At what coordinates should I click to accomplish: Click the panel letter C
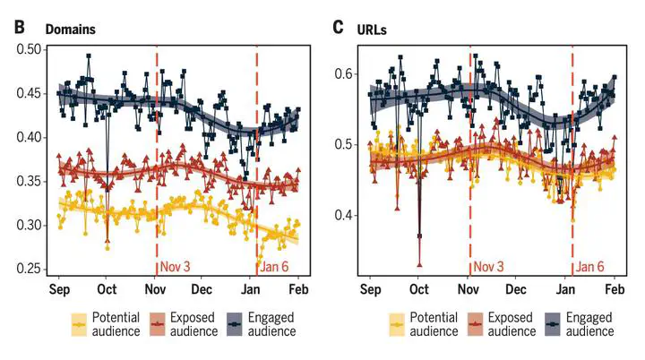338,27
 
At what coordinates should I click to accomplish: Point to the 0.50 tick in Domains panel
30,49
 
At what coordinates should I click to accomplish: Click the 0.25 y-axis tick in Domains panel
30,269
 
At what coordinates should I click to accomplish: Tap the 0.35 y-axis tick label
30,181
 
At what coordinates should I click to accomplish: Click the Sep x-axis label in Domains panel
59,290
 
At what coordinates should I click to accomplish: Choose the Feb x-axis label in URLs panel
615,290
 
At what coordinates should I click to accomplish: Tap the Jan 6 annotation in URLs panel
590,266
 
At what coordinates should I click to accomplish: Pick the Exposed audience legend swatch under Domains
159,323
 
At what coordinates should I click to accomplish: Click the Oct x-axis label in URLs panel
417,290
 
